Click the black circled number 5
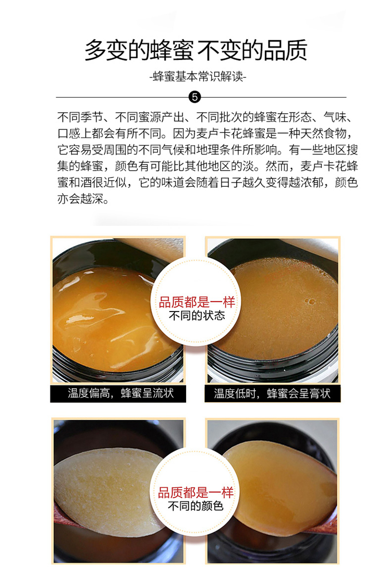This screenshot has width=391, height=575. [194, 97]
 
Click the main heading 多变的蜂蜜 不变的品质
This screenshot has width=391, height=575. [195, 50]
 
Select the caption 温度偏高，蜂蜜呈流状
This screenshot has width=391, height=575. [120, 393]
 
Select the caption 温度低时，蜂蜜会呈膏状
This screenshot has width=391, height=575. [272, 393]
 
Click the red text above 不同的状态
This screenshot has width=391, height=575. [197, 302]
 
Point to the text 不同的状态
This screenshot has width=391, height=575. [197, 316]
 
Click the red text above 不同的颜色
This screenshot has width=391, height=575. [195, 492]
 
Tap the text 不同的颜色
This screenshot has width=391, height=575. [195, 506]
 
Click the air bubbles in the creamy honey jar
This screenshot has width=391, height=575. [310, 302]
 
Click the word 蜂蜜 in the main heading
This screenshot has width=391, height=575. [172, 50]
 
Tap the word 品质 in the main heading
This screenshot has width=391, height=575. [285, 50]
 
